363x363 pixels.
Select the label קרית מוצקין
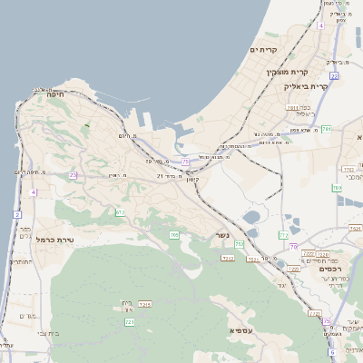coord(287,72)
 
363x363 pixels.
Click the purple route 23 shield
coord(73,174)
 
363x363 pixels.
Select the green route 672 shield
coord(120,212)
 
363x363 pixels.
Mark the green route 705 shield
coord(174,235)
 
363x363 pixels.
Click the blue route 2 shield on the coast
coord(16,214)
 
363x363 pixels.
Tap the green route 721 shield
coord(130,321)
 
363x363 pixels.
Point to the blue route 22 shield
coord(334,76)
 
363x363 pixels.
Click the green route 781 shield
coord(326,130)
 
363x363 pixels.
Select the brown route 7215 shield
coord(143,304)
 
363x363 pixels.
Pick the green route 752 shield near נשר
coord(239,244)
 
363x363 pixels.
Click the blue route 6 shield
coord(332,351)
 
